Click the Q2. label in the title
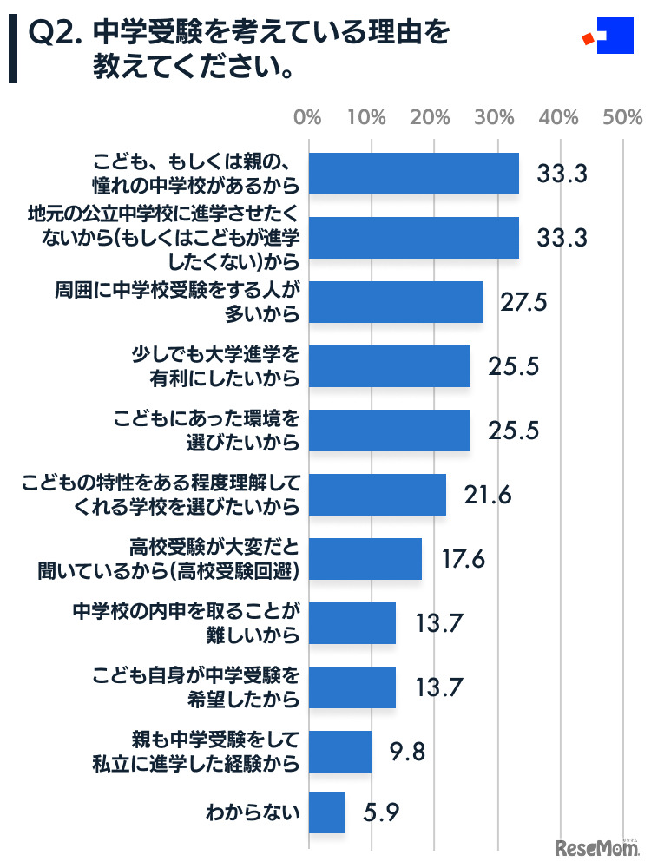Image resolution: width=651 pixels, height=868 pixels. point(55,34)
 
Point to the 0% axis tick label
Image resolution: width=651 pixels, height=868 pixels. point(308,116)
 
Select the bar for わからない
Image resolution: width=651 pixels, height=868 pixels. point(327,812)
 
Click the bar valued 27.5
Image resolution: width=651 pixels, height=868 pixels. point(396,302)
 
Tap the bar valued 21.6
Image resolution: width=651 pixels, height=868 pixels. point(377,495)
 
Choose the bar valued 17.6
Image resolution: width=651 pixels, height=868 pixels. point(365,559)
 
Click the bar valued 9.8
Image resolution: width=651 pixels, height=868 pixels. point(340,752)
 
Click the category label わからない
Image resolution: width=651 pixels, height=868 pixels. point(253,813)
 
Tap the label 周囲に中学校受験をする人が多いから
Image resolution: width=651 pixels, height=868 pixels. point(187,302)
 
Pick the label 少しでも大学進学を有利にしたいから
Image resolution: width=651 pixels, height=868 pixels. point(214,366)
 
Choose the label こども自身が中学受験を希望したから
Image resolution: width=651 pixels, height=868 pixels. point(196,687)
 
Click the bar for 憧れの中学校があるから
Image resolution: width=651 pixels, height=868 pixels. point(413,174)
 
